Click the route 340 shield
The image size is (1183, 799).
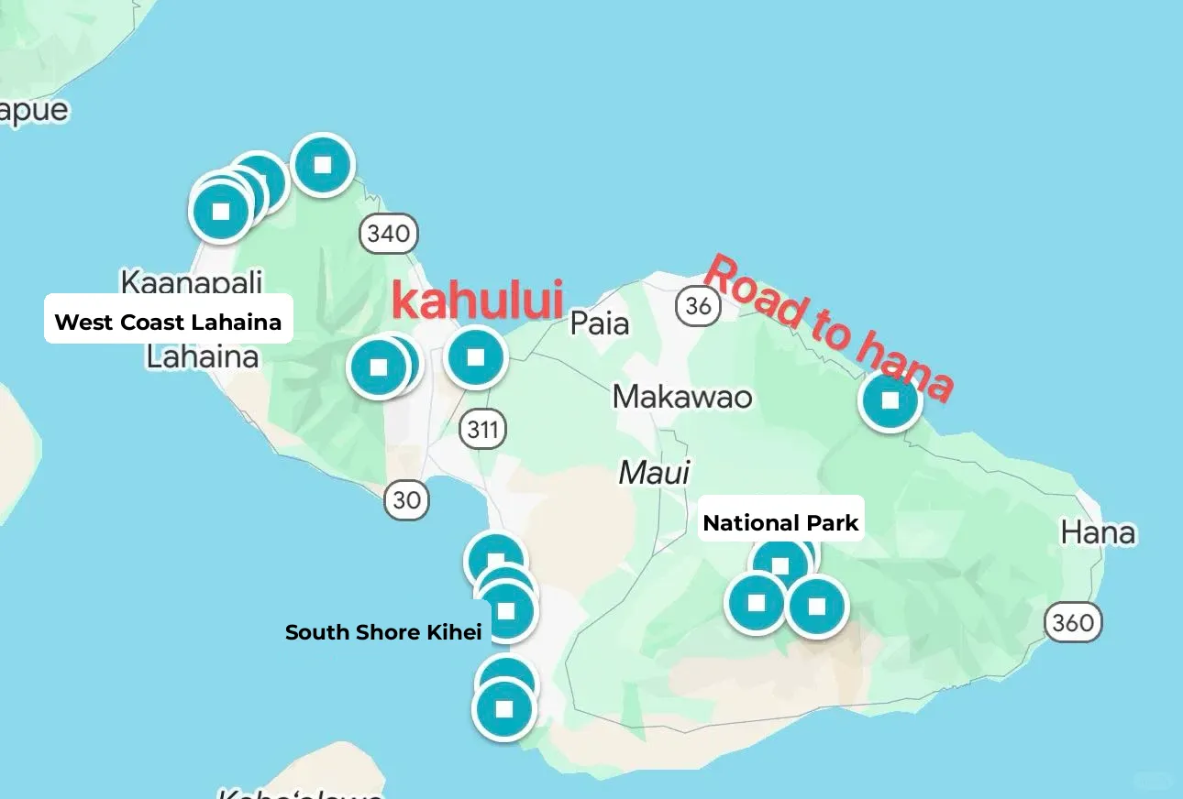coord(388,234)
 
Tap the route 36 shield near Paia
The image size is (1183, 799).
coord(698,305)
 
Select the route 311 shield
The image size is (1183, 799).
coord(482,428)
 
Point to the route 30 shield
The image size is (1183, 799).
coord(406,499)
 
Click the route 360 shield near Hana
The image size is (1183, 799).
coord(1072,623)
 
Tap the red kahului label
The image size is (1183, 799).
coord(476,301)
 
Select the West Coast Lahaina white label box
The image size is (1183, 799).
coord(169,322)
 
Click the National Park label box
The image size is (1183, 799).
coord(780,523)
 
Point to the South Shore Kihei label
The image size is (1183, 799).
coord(383,632)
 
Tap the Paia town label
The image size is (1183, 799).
coord(600,323)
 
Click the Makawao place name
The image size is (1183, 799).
coord(682,397)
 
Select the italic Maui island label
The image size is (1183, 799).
coord(654,473)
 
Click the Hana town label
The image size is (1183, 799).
coord(1098,532)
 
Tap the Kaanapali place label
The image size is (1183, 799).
coord(192,280)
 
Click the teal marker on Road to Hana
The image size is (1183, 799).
coord(890,400)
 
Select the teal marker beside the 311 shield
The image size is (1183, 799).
coord(475,356)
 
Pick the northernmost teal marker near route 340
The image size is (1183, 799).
coord(322,165)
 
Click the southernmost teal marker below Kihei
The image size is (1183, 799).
coord(503,709)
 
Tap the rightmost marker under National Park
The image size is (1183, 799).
coord(816,606)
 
